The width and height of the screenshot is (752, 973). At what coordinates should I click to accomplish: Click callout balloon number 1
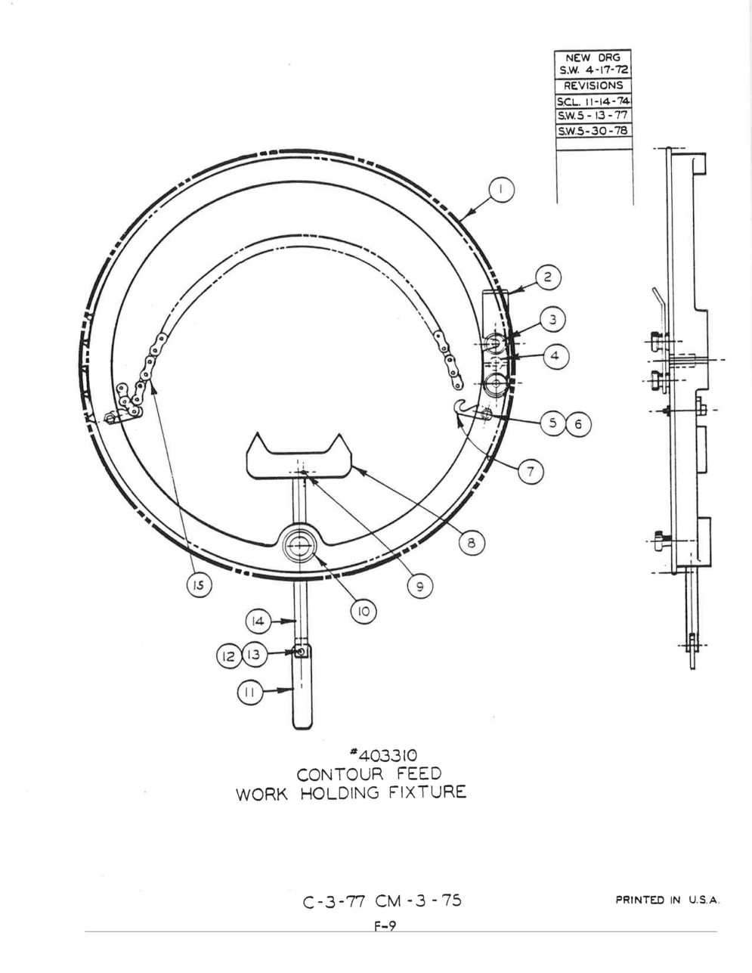(x=501, y=190)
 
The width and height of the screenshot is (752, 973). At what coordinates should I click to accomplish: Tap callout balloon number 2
(x=548, y=277)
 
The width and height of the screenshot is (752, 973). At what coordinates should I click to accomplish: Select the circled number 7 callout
(x=531, y=472)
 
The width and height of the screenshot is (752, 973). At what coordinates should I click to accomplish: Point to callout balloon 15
(x=199, y=585)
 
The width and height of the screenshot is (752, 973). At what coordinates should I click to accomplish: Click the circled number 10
(x=364, y=611)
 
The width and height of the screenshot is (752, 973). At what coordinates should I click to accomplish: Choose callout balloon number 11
(x=249, y=693)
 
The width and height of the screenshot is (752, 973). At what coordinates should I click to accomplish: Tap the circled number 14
(x=258, y=621)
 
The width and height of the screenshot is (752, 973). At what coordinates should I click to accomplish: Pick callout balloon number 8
(x=472, y=543)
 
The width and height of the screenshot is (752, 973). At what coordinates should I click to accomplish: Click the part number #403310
(x=383, y=756)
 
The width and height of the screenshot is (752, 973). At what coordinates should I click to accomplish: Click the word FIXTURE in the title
(x=428, y=792)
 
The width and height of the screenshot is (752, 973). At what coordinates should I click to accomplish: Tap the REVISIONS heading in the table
(x=593, y=85)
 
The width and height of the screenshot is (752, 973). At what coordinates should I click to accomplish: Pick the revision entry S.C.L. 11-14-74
(x=593, y=101)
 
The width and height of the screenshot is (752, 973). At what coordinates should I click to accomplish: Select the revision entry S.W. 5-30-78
(x=593, y=131)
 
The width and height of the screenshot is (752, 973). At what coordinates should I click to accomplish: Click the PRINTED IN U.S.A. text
(x=667, y=900)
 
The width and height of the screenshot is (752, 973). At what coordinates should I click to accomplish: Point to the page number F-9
(x=385, y=926)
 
